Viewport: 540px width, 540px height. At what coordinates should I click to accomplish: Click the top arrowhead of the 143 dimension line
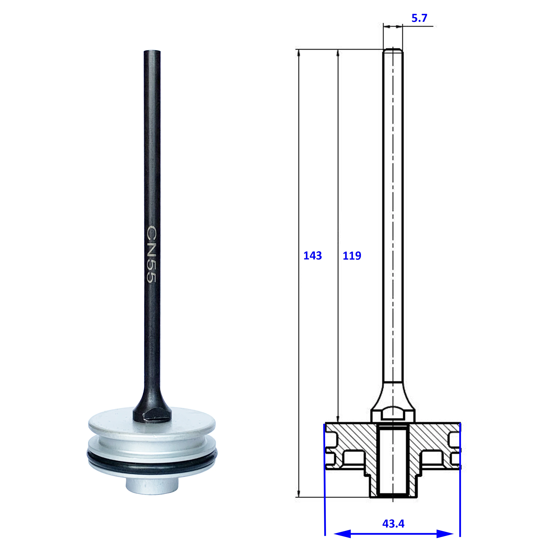(x=299, y=53)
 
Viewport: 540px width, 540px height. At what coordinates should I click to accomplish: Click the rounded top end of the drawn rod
(x=393, y=50)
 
